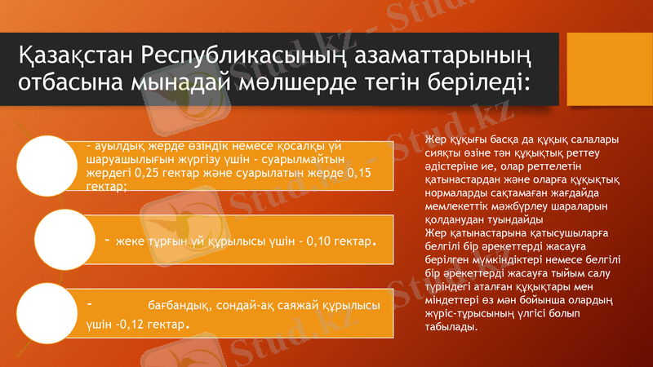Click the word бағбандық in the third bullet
click(178, 307)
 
